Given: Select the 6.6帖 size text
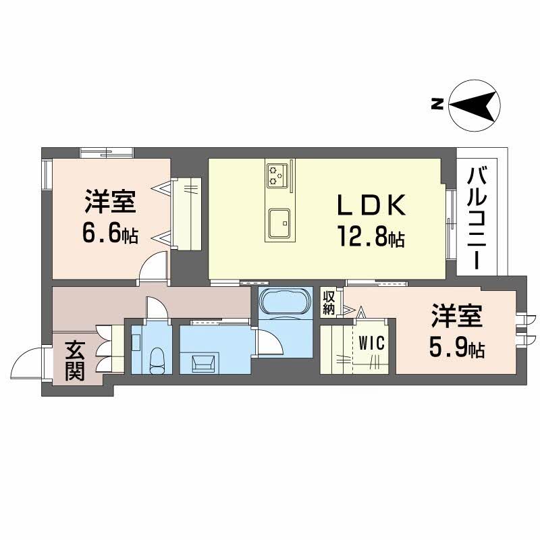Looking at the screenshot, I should coord(111,234).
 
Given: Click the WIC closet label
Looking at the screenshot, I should coord(371,343).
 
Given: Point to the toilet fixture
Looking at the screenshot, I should coord(158,359).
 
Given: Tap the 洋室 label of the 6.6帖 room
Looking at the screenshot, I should coord(111,202).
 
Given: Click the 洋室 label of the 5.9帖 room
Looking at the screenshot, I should coord(457,315).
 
